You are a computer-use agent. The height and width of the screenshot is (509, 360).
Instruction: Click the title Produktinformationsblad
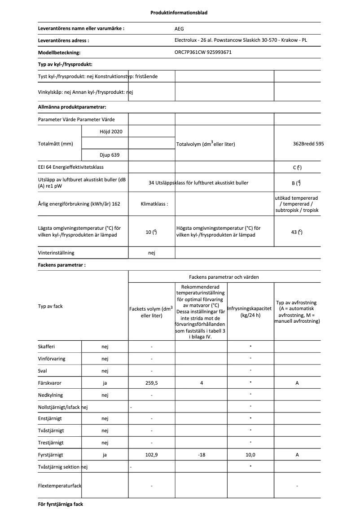(x=179, y=13)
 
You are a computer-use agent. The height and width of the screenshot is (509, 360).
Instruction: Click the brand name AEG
(x=179, y=28)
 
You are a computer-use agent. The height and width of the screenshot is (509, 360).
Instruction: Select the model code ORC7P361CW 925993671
(x=203, y=53)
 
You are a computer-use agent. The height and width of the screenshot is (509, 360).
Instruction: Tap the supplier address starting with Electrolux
(x=241, y=40)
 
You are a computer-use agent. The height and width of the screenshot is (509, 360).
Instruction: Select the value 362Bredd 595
(x=308, y=144)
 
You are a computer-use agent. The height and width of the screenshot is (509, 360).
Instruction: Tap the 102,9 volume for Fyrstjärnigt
(x=152, y=455)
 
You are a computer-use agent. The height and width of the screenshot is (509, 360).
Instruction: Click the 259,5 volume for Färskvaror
(x=152, y=383)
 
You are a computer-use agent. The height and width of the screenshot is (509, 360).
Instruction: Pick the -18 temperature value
(x=201, y=455)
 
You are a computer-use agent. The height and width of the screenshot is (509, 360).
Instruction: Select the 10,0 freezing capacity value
(x=250, y=455)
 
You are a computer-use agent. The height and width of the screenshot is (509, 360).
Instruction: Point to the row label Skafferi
(x=47, y=347)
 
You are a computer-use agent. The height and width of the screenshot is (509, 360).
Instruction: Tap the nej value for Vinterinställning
(x=152, y=253)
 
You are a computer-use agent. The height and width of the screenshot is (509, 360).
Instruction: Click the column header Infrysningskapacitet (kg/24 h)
(x=250, y=312)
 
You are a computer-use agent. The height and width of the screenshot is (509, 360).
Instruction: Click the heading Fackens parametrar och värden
(x=224, y=277)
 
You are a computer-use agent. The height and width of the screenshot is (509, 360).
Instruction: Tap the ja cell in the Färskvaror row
(x=105, y=383)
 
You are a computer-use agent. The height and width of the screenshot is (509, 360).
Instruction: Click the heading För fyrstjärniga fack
(x=61, y=504)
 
